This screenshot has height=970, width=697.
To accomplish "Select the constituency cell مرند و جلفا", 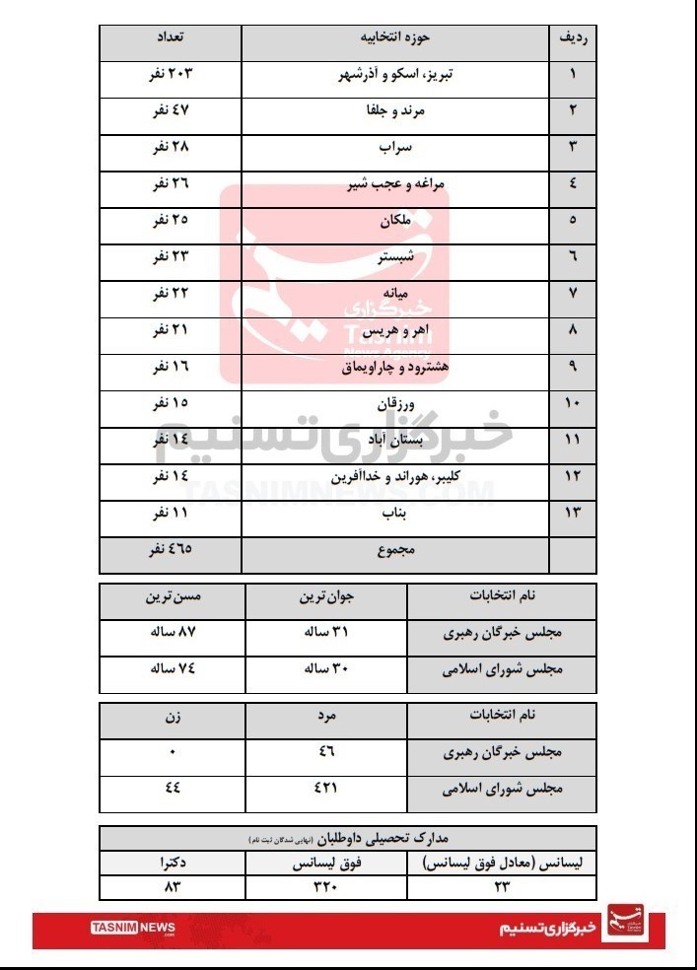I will (395, 111).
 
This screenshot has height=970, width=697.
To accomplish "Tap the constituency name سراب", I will (396, 148).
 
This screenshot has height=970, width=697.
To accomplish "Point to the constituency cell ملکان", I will (395, 221).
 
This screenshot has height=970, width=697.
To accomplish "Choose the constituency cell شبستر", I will (395, 257).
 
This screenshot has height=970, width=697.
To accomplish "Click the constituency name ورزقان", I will (395, 404).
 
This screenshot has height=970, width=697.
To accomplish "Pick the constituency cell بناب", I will (395, 514).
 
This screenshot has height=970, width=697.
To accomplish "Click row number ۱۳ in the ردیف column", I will (573, 514).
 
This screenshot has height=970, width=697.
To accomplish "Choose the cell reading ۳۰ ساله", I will (325, 668).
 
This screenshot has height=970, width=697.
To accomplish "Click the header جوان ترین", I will (325, 597).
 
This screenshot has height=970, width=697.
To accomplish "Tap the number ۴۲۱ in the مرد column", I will (325, 789).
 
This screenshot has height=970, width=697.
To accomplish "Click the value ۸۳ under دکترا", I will (173, 886).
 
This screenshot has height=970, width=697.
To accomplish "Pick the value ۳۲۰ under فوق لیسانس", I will (325, 886).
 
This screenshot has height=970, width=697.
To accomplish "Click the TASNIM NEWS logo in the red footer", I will (133, 929).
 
